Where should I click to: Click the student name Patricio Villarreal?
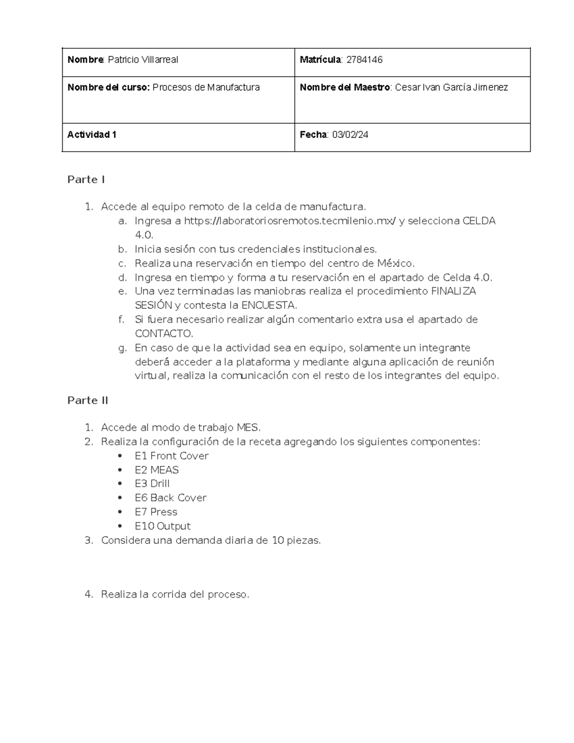(x=143, y=60)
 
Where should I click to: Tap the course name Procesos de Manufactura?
(x=206, y=88)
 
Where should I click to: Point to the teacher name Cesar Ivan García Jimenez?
(x=451, y=88)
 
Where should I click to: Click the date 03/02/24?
(x=350, y=135)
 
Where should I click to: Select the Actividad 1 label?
(x=92, y=135)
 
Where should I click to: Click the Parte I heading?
(x=86, y=180)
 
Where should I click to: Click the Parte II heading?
(x=88, y=401)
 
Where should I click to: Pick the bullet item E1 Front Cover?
(x=171, y=456)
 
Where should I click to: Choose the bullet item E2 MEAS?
(x=156, y=470)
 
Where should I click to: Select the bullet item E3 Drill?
(x=152, y=484)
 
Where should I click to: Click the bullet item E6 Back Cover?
(x=170, y=498)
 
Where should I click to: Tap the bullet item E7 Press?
(x=156, y=512)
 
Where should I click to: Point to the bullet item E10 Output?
(x=163, y=526)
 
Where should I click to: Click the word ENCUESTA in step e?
(x=269, y=305)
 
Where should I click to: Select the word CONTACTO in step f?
(x=164, y=333)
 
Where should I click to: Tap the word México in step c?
(x=395, y=264)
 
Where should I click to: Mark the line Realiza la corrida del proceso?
(x=175, y=595)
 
